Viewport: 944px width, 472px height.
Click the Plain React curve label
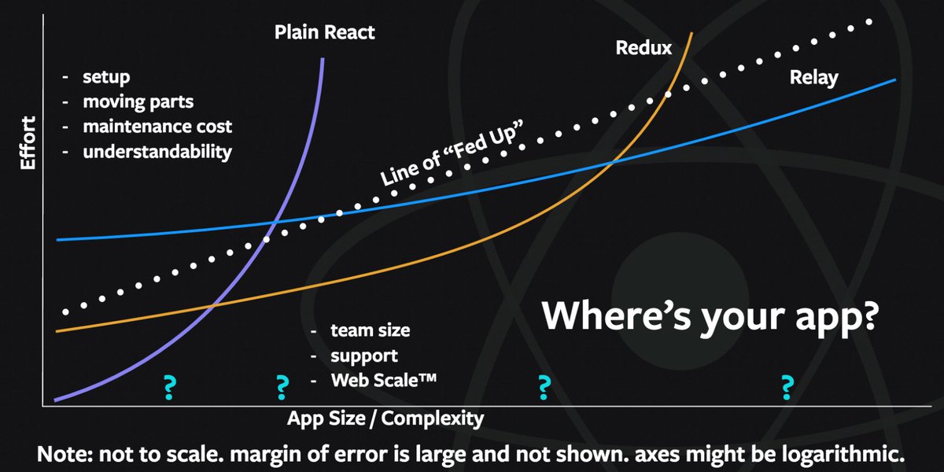pos(325,33)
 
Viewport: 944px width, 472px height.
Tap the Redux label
pos(643,48)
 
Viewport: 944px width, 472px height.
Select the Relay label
pos(814,78)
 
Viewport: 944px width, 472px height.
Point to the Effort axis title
pos(28,142)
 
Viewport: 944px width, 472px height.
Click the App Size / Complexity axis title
pos(385,418)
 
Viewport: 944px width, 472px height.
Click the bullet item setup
pos(106,78)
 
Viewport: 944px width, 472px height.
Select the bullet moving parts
pos(138,102)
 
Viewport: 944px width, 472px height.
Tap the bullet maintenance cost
pos(157,126)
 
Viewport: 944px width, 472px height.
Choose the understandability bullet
pos(157,151)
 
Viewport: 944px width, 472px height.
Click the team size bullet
pos(370,330)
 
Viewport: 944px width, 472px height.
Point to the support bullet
pos(363,356)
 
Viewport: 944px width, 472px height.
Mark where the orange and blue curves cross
pos(614,162)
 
